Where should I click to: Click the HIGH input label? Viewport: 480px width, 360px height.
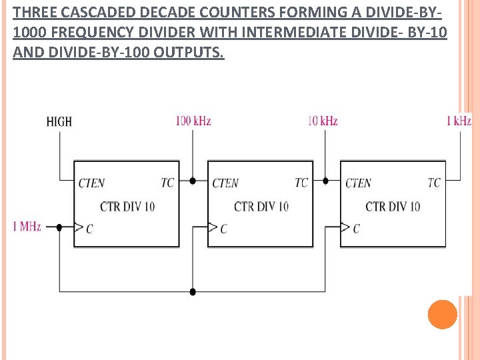point(59,121)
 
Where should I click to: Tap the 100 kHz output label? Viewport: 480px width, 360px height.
point(193,121)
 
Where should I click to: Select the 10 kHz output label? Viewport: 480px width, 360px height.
point(323,121)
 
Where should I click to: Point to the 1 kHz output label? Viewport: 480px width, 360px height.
point(459,121)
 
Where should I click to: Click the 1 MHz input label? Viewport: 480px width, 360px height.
point(27,227)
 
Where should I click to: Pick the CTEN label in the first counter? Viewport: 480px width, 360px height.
point(91,183)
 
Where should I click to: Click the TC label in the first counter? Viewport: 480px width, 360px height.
point(167,183)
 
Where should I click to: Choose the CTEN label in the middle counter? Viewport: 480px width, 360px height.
point(225,183)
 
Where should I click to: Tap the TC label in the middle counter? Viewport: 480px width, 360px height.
point(301,183)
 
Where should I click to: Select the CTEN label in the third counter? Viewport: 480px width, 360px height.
point(358,183)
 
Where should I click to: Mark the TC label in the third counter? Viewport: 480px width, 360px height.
point(434,183)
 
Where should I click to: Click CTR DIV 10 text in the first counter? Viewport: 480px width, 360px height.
point(127,206)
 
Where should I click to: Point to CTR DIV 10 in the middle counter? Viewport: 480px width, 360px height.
point(261,206)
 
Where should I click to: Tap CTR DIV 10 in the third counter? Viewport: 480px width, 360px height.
point(393,206)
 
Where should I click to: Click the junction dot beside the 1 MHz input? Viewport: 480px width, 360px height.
point(59,227)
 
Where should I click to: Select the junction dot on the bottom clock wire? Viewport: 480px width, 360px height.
point(193,291)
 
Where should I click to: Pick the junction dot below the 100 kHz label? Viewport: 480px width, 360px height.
point(193,181)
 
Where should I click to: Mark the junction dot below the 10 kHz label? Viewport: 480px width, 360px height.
point(325,181)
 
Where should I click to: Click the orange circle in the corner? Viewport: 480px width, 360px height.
point(443,314)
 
